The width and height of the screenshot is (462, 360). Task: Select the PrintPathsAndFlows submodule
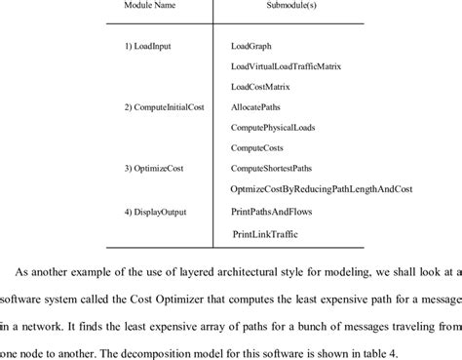pyautogui.click(x=278, y=210)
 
